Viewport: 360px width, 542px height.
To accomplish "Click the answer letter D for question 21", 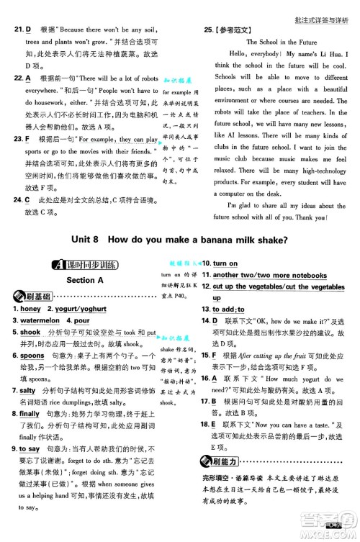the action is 28,30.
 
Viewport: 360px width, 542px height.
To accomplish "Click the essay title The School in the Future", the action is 282,42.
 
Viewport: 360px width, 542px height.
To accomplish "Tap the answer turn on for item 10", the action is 225,264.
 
